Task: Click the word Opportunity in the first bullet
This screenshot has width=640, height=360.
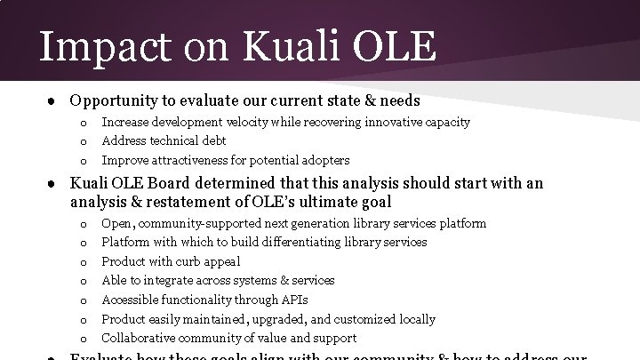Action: pyautogui.click(x=114, y=101)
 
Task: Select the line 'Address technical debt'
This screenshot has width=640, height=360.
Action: pyautogui.click(x=164, y=140)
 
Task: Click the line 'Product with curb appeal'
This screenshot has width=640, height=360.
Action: pyautogui.click(x=171, y=261)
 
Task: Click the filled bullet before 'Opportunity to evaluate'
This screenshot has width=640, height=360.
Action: pyautogui.click(x=53, y=101)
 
